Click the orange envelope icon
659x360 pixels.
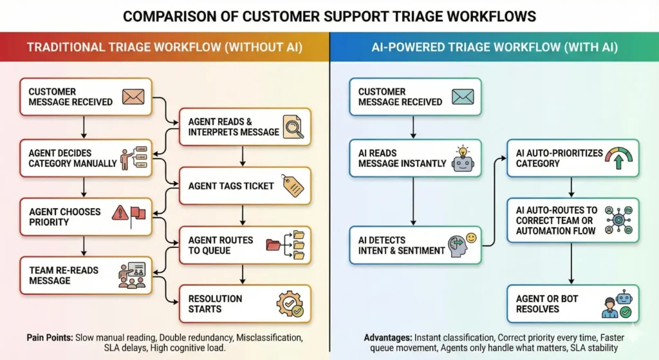coord(133,97)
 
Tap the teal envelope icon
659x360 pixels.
coord(462,97)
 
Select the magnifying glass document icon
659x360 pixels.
coord(293,126)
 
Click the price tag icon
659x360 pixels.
coord(292,185)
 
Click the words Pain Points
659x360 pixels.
coord(50,337)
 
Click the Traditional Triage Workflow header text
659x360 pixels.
coord(164,47)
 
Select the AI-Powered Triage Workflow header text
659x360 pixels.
coord(494,47)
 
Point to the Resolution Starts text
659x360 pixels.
coord(215,303)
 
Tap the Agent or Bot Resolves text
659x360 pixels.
coord(546,303)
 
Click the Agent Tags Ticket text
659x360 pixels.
coord(231,185)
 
